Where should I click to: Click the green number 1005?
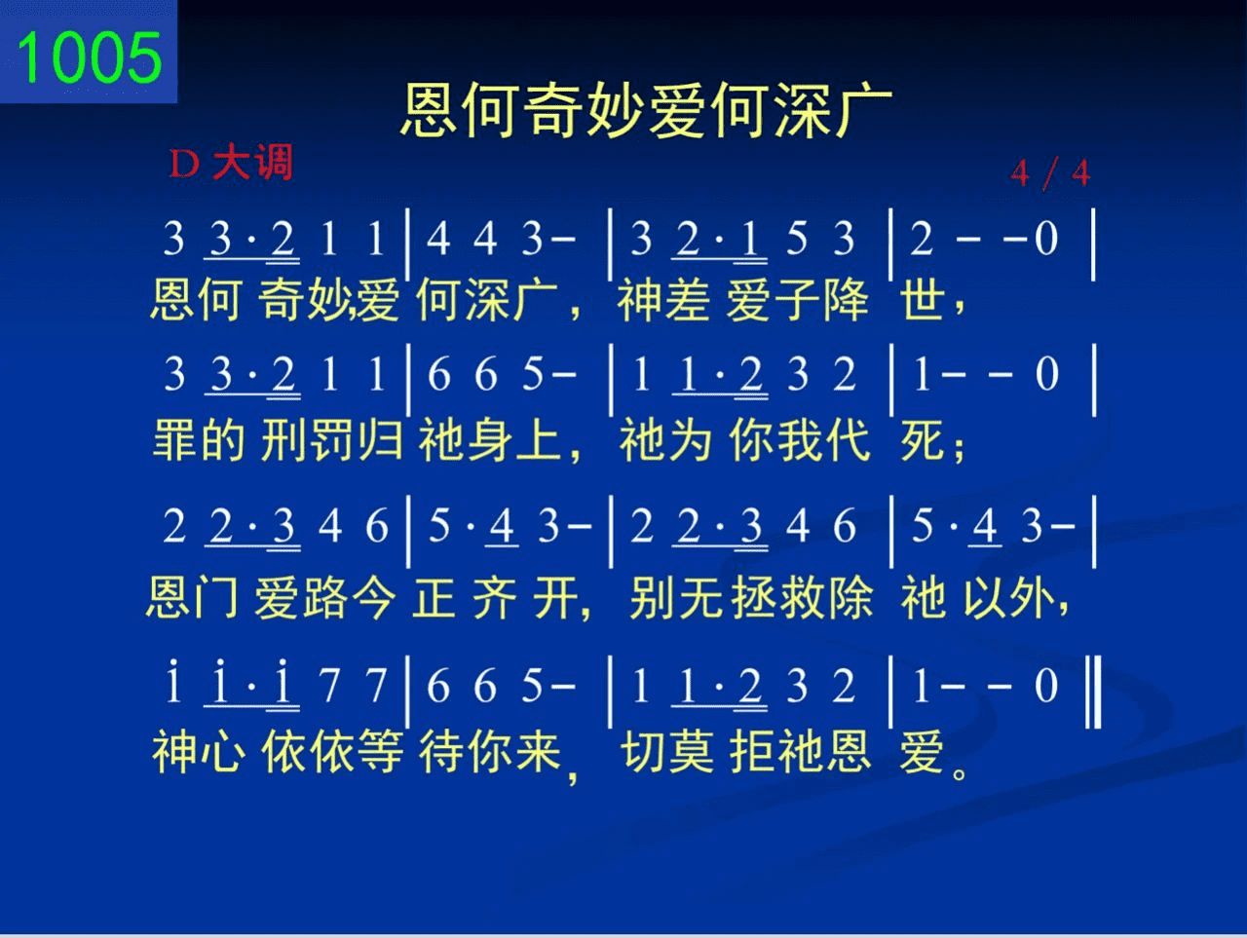[x=90, y=57]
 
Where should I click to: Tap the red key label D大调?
[x=231, y=163]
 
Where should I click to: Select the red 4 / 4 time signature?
[x=1050, y=172]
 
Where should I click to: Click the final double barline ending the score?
[x=1093, y=692]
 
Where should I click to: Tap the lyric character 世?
[x=922, y=299]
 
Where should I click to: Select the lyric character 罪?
[x=175, y=439]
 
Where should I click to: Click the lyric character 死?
[x=922, y=439]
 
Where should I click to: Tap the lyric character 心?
[x=224, y=751]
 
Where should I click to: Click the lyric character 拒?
[x=753, y=751]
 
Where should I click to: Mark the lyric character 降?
[x=847, y=299]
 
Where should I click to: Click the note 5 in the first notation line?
[x=797, y=239]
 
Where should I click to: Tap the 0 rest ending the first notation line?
[x=1046, y=239]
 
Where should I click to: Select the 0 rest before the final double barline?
[x=1046, y=686]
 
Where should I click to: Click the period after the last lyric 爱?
[x=960, y=772]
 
